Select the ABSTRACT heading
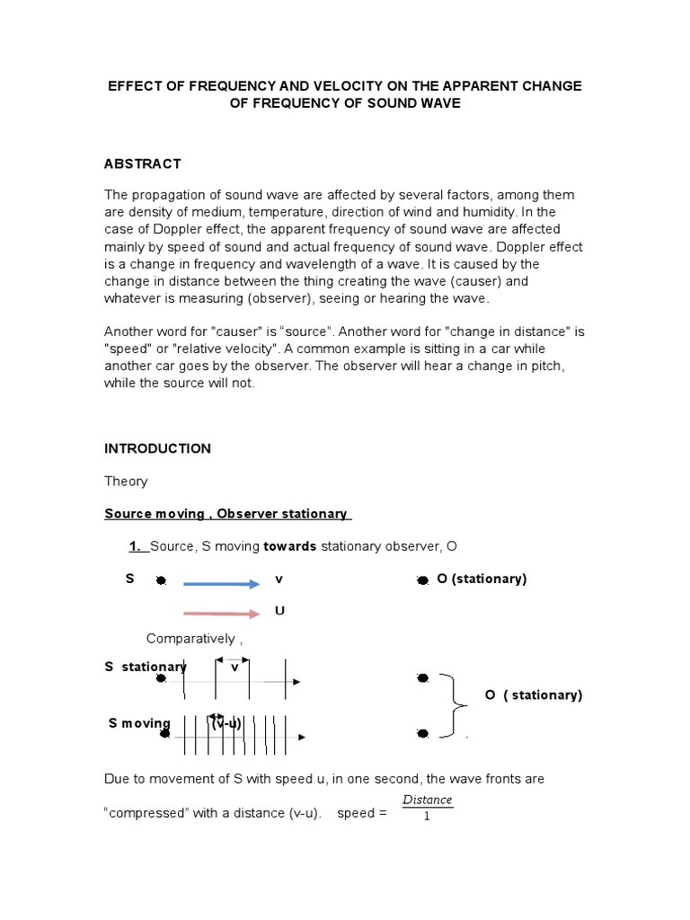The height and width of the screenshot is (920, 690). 143,164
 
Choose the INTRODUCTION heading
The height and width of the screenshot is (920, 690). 158,448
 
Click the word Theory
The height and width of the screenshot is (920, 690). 126,482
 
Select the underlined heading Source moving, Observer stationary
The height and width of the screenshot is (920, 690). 227,514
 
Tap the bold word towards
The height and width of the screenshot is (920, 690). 289,546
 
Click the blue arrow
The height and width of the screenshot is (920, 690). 221,584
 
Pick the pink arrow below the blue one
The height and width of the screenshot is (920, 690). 221,614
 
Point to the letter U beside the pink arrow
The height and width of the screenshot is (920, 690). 279,611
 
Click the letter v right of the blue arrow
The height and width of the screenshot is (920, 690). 279,579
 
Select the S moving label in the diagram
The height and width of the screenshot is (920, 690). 139,723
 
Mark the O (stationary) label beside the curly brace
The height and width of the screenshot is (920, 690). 534,695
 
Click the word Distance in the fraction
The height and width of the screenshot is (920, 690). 427,800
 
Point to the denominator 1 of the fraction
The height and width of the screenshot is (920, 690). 427,818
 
